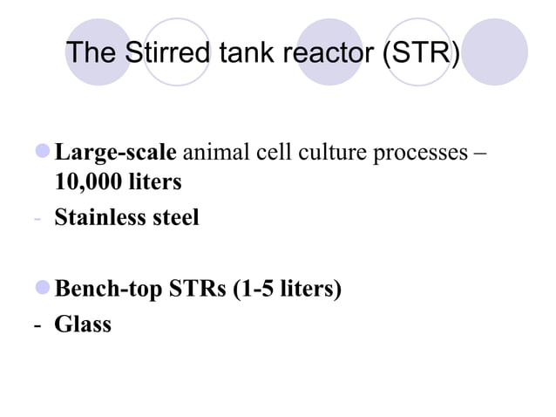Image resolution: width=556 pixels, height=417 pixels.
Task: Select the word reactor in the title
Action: click(x=327, y=53)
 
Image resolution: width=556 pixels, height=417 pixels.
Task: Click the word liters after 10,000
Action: click(x=156, y=183)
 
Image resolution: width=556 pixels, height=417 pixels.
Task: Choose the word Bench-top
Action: click(x=108, y=289)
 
